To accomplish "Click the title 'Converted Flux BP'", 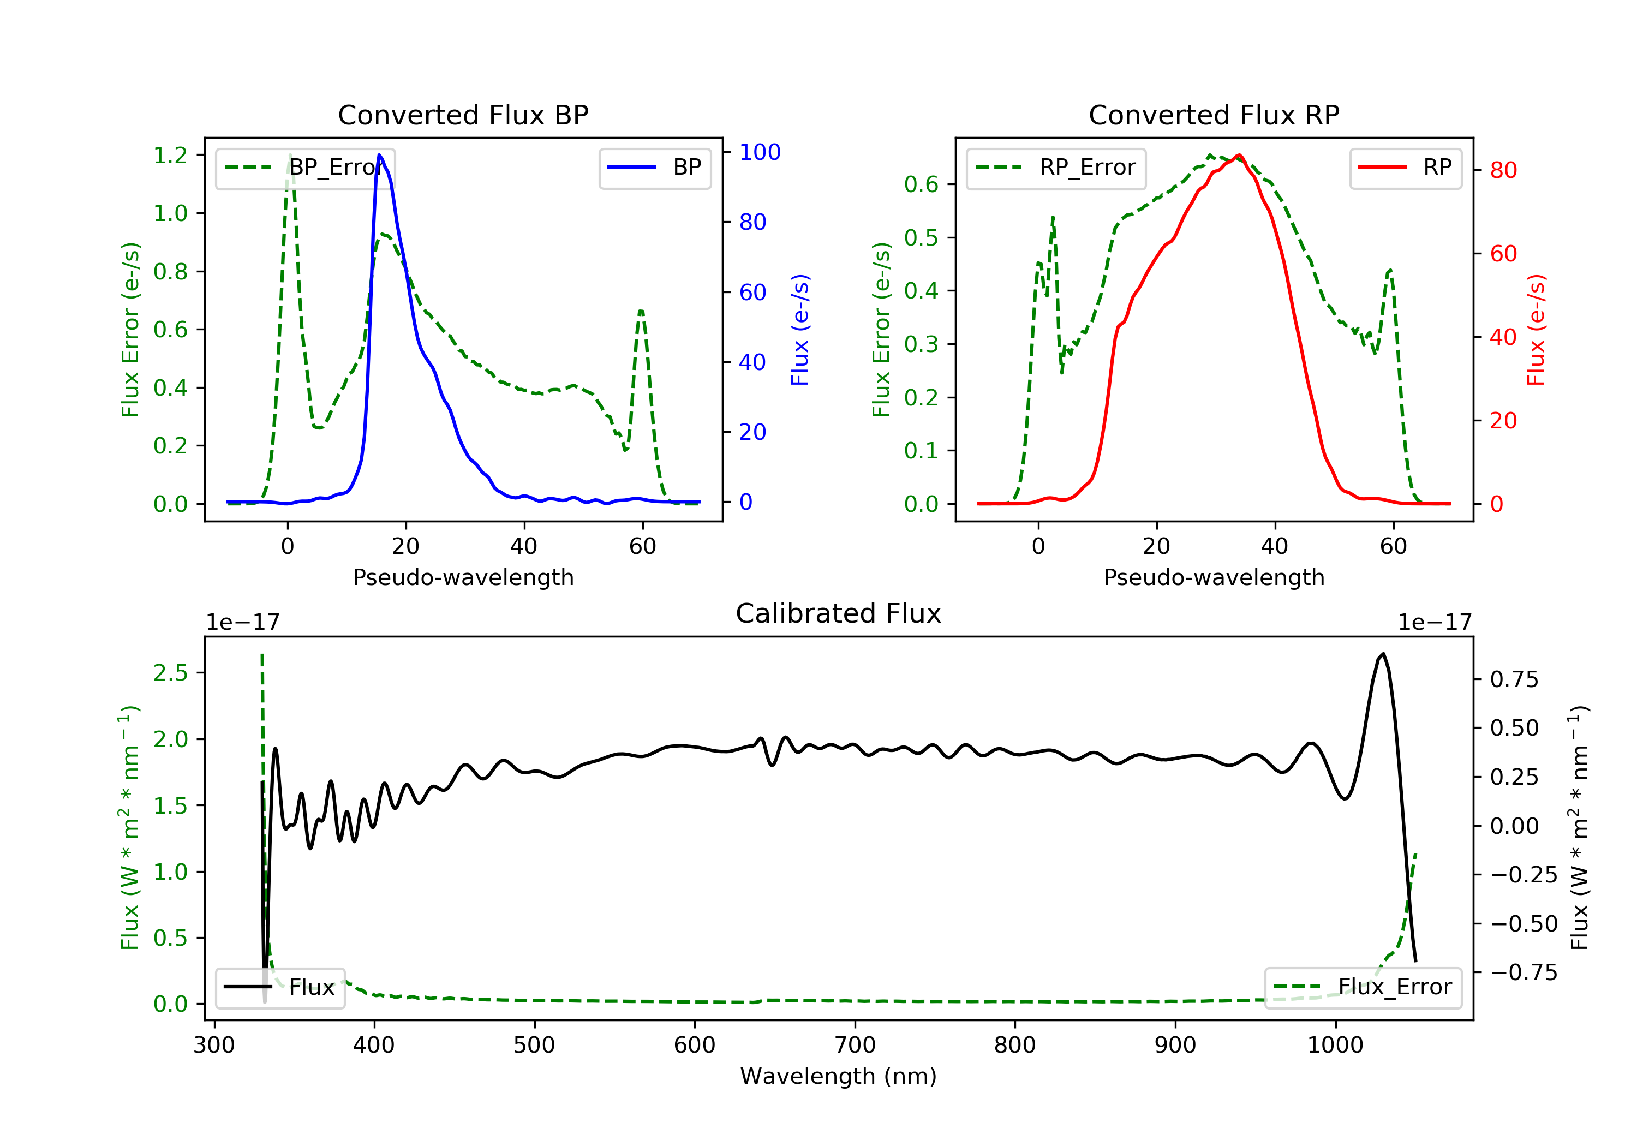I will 463,115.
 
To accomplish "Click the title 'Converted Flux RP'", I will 1214,115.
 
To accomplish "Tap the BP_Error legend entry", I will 304,168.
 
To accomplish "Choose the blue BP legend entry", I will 654,168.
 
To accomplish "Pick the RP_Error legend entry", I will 1055,168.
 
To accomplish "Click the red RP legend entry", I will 1405,168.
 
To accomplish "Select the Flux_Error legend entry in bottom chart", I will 1363,987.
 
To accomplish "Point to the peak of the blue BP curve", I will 379,155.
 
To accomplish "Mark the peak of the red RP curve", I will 1239,155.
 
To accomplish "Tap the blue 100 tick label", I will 760,152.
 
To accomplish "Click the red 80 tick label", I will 1503,170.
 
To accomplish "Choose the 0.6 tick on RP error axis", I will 921,184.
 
